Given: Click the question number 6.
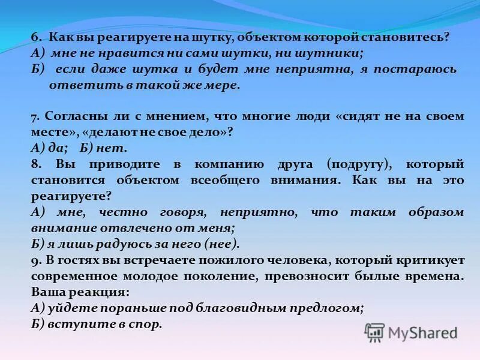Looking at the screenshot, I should [35, 37].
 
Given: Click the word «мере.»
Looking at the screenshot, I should [224, 85].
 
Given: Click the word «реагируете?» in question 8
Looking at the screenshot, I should [71, 195].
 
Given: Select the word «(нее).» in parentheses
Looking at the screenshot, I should [221, 244].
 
